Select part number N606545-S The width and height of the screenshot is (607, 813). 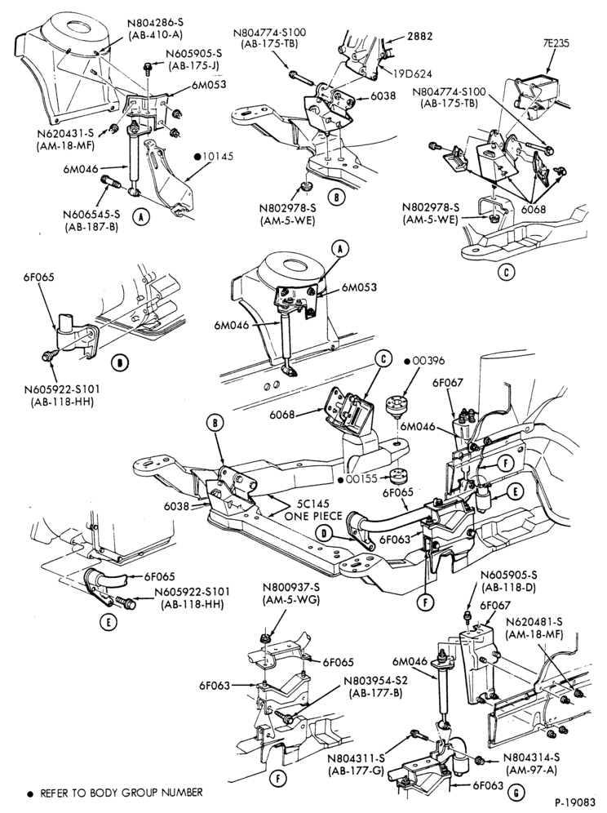point(91,214)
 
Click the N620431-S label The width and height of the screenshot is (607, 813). point(65,133)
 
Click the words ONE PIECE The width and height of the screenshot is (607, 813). point(313,517)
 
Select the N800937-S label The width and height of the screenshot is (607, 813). point(290,589)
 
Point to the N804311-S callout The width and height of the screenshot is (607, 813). point(356,758)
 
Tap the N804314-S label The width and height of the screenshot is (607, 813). point(531,757)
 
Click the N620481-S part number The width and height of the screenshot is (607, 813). point(534,622)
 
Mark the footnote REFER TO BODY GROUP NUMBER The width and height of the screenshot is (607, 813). point(122,793)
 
